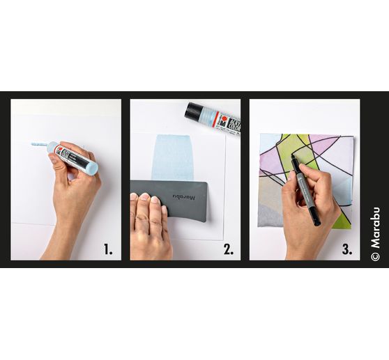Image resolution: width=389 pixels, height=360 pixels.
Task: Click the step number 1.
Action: point(107,249)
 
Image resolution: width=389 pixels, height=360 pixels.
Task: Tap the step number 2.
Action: point(228,249)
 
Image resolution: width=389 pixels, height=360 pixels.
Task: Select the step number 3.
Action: point(346,249)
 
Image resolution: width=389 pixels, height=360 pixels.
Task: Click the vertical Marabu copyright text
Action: point(375,233)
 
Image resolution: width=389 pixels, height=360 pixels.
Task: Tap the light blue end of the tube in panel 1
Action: point(89,167)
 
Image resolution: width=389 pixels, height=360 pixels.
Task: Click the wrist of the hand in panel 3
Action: point(301,247)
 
